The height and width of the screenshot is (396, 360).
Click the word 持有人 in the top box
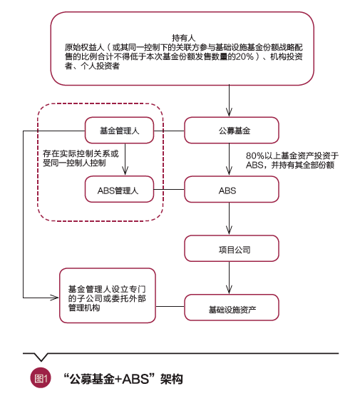click(183, 36)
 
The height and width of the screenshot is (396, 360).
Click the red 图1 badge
click(40, 379)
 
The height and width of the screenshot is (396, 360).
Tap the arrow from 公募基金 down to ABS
click(228, 161)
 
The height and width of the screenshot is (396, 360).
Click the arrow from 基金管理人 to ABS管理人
click(126, 161)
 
